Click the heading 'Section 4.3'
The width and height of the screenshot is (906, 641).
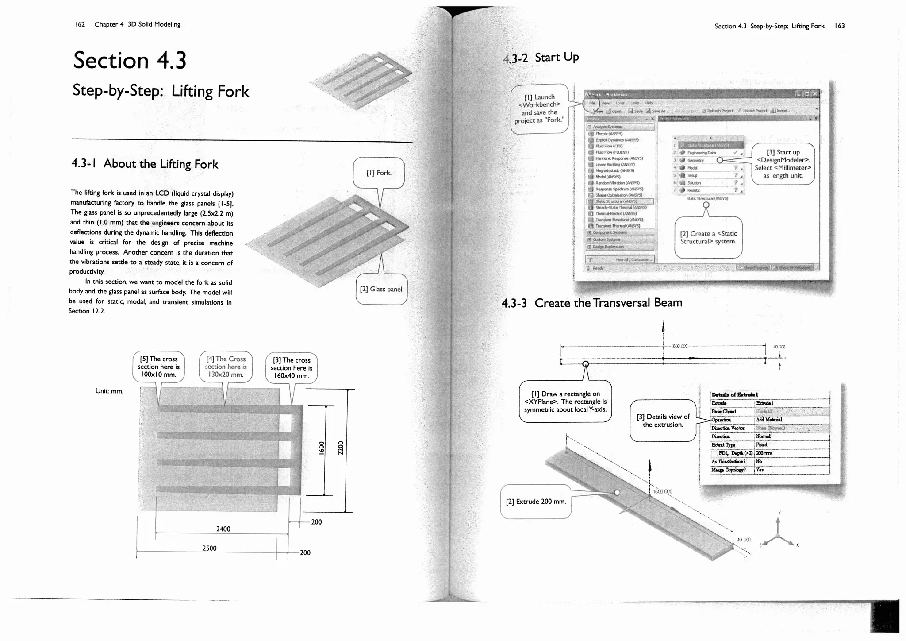coord(130,60)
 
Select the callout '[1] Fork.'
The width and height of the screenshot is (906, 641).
coord(379,173)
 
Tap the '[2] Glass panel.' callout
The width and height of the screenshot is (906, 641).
coord(381,290)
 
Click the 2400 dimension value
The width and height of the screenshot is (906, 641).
coord(223,529)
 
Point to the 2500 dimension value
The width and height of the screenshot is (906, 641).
coord(210,548)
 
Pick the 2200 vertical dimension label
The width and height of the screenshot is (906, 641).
coord(341,448)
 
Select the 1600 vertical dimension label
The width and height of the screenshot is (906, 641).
coord(322,448)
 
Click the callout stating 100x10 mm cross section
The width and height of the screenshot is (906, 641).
coord(158,367)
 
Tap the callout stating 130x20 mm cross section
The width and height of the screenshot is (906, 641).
coord(226,367)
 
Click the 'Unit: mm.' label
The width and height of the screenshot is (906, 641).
coord(109,391)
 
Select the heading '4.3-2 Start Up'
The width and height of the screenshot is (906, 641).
coord(541,58)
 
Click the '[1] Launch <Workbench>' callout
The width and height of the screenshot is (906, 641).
coord(539,109)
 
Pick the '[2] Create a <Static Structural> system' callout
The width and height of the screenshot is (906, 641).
coord(708,238)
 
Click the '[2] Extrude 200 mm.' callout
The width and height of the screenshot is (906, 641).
coord(536,502)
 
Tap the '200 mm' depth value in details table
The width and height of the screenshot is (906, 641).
coord(764,453)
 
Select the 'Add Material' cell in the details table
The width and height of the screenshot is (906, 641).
coord(769,420)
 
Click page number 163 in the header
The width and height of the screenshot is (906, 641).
coord(840,26)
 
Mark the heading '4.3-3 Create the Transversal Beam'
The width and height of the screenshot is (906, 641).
coord(592,303)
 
